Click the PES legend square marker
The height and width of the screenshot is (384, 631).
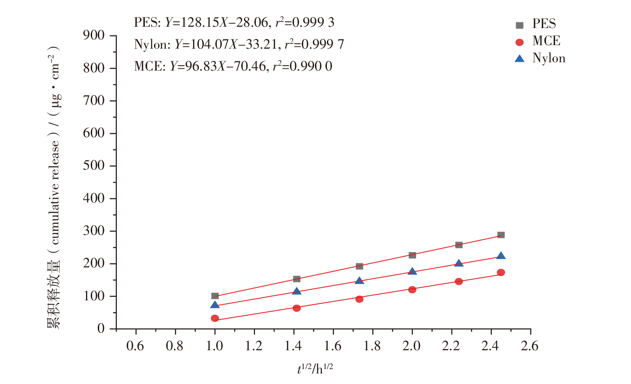point(520,25)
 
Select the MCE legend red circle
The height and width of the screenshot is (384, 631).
point(520,42)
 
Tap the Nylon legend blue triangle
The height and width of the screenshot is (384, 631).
point(520,58)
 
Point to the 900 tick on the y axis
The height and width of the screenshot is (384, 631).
point(94,36)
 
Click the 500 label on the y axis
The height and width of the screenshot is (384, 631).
point(94,166)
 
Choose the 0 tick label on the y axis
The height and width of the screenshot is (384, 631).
point(101,329)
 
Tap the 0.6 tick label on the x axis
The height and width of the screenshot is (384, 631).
point(135,346)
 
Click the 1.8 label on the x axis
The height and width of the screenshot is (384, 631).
point(372,346)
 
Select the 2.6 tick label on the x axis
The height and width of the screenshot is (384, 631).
point(530,346)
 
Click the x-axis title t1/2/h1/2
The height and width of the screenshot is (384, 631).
point(315,369)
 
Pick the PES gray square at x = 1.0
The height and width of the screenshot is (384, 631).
point(215,296)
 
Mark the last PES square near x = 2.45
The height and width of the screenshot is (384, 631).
point(501,235)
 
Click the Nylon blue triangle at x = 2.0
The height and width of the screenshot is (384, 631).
point(412,271)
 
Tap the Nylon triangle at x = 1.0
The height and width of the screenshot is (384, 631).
point(215,305)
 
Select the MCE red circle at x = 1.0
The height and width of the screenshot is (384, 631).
point(215,318)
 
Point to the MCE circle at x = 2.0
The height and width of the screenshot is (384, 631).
point(412,289)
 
